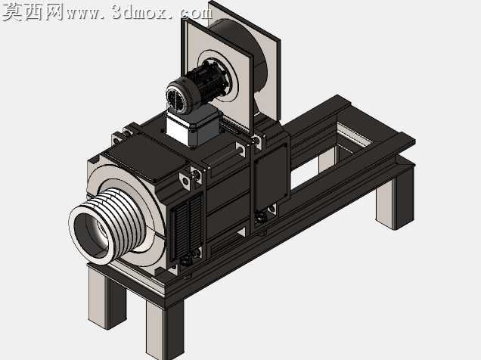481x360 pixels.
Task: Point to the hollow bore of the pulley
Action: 91,234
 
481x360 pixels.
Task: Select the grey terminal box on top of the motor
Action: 193,126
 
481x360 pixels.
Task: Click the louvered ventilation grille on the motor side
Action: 187,228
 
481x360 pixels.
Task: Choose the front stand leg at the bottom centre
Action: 164,329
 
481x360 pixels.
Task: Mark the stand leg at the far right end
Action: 395,199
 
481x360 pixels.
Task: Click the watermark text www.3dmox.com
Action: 139,13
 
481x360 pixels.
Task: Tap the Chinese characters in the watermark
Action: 33,13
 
